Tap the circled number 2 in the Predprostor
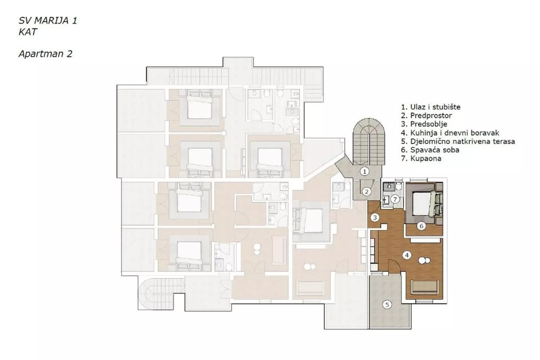[366, 191]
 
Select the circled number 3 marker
[375, 218]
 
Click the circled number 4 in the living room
[407, 255]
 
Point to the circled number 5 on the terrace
[387, 305]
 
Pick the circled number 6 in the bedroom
[421, 226]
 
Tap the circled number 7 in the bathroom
[395, 199]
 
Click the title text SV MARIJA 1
[48, 21]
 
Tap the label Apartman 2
[45, 54]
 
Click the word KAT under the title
[28, 32]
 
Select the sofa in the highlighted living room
[425, 286]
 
